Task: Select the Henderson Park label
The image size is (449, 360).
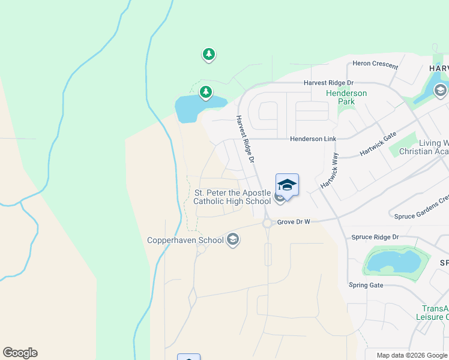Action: pos(346,97)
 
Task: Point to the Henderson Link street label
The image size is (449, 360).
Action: pos(313,139)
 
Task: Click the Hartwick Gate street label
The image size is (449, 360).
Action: pos(378,145)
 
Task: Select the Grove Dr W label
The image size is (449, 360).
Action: pos(294,222)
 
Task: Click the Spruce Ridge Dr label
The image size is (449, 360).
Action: pos(375,237)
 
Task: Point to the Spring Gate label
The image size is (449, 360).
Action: pos(367,285)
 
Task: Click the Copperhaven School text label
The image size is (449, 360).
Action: pos(185,240)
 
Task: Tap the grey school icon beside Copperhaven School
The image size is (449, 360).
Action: pos(234,241)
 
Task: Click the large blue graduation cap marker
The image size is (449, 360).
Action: pos(287,185)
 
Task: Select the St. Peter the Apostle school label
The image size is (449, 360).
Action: pos(232,197)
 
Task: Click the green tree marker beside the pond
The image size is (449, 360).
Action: pos(206,92)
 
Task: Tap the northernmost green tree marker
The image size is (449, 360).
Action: pos(208,55)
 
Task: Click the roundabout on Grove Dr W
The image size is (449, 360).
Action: pos(267,223)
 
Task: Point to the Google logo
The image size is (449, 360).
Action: pos(20,353)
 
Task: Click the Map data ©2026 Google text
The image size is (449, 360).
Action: pos(411,355)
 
